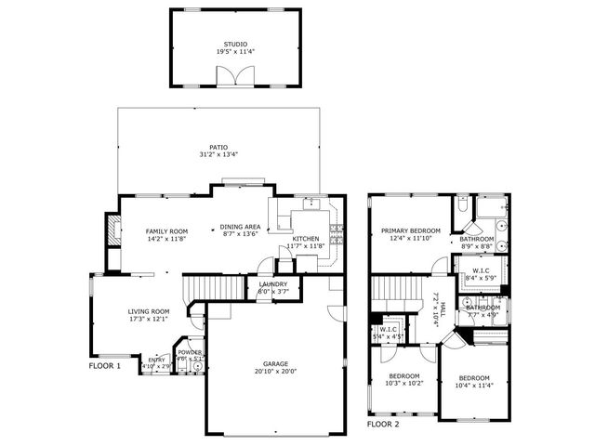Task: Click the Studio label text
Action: coord(235,44)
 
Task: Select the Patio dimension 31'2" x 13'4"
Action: coord(218,154)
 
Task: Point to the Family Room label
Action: coord(166,230)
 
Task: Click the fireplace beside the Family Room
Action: coord(113,230)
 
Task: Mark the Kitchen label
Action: coord(306,239)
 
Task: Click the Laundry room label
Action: coord(272,284)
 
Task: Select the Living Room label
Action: coord(148,311)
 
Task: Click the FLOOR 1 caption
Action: coord(105,366)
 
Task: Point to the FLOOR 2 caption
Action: coord(383,423)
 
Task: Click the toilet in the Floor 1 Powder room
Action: coord(197,366)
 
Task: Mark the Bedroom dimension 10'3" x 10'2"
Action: coord(405,383)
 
